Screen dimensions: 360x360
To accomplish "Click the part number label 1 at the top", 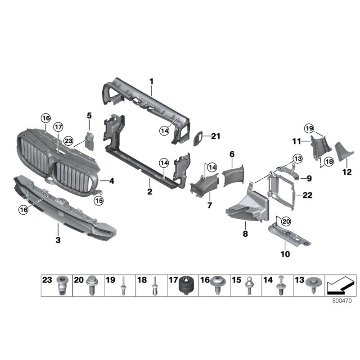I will (152, 81).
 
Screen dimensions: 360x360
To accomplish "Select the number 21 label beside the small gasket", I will (216, 136).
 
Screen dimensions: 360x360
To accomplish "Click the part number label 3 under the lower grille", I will (58, 240).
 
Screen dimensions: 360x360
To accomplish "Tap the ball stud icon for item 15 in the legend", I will (248, 287).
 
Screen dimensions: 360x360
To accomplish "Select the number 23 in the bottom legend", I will (47, 280).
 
